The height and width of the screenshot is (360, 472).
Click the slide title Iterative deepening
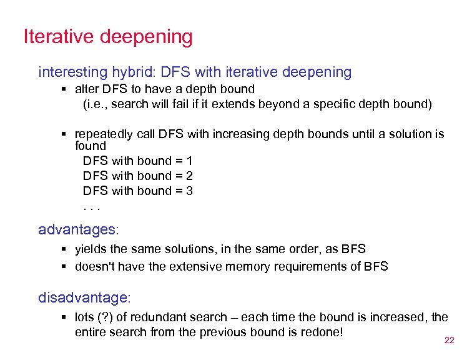[x=107, y=37]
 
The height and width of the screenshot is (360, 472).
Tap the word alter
[x=87, y=89]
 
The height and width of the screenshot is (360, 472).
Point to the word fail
[x=186, y=104]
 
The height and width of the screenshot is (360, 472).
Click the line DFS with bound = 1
[x=137, y=161]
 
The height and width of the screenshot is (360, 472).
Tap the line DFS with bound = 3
[x=137, y=191]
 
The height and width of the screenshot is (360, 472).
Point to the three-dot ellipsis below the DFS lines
[x=92, y=206]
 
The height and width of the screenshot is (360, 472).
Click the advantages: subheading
[x=78, y=230]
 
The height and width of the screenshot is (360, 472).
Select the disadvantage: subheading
[x=85, y=297]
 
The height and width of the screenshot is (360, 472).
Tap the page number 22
[x=449, y=341]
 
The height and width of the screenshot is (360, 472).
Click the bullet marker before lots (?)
[x=66, y=317]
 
